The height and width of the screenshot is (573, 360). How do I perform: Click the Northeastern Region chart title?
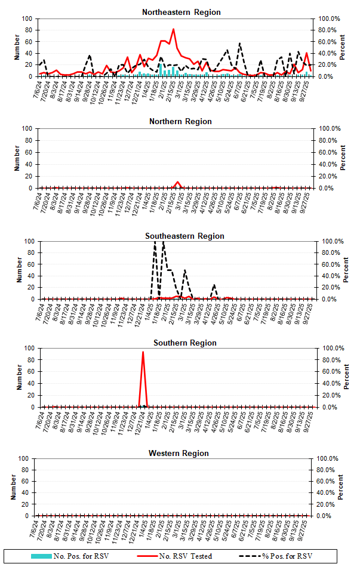tap(181, 12)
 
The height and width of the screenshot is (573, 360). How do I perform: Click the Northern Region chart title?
tap(180, 122)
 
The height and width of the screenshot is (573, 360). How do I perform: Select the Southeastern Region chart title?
tap(184, 236)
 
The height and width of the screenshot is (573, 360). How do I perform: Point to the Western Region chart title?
tap(179, 454)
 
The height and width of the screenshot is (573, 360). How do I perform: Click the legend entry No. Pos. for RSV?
tap(69, 556)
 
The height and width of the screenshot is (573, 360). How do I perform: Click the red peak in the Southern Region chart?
tap(143, 352)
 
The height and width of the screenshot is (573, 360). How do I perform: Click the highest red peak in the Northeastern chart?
tap(173, 29)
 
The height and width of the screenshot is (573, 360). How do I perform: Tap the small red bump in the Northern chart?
tap(177, 182)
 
